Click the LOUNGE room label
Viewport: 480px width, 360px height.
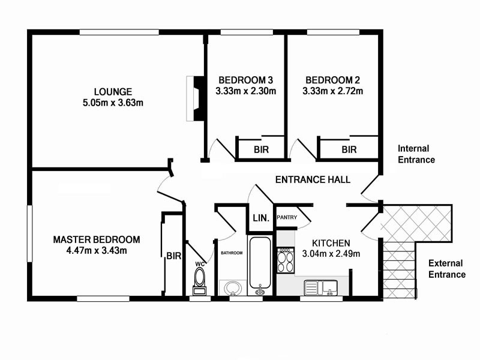click(113, 92)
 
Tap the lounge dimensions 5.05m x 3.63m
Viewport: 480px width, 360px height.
click(113, 103)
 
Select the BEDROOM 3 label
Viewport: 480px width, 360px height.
click(245, 80)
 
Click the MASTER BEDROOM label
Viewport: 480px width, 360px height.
click(97, 239)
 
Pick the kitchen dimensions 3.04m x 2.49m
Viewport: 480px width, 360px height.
click(330, 254)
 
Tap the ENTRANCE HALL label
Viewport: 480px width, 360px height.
click(313, 179)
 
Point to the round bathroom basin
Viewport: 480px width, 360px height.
click(232, 289)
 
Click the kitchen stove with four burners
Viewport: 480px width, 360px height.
click(285, 262)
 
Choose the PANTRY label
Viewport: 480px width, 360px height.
click(286, 218)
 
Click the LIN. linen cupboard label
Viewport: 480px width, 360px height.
click(260, 218)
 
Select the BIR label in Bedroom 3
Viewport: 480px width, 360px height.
click(261, 149)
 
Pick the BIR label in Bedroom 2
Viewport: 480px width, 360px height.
click(349, 149)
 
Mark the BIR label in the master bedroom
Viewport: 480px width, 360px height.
click(173, 256)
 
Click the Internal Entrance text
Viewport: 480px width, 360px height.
click(416, 154)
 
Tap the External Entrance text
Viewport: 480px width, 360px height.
click(446, 269)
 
